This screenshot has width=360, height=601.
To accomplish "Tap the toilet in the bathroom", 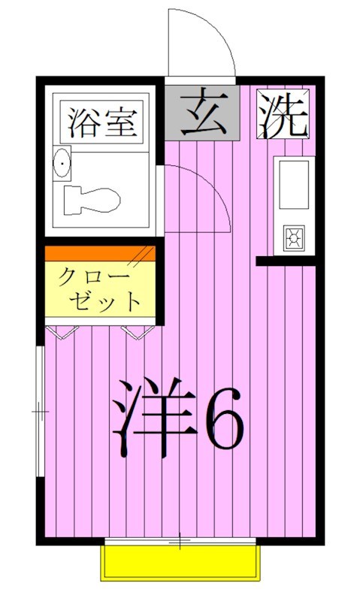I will pyautogui.click(x=92, y=201).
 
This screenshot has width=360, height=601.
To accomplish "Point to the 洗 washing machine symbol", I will pyautogui.click(x=285, y=115).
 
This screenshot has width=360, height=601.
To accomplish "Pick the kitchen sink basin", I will pyautogui.click(x=293, y=184).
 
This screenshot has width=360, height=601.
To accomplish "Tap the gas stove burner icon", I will pyautogui.click(x=293, y=238).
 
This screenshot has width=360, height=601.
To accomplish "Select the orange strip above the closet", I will pyautogui.click(x=100, y=253).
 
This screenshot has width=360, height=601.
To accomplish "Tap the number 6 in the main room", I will pyautogui.click(x=225, y=425).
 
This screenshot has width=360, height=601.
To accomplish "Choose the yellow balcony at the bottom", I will pyautogui.click(x=180, y=563).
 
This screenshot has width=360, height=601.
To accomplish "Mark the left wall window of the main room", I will pyautogui.click(x=40, y=411).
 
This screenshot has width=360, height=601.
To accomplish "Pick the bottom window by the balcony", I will pyautogui.click(x=180, y=541).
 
